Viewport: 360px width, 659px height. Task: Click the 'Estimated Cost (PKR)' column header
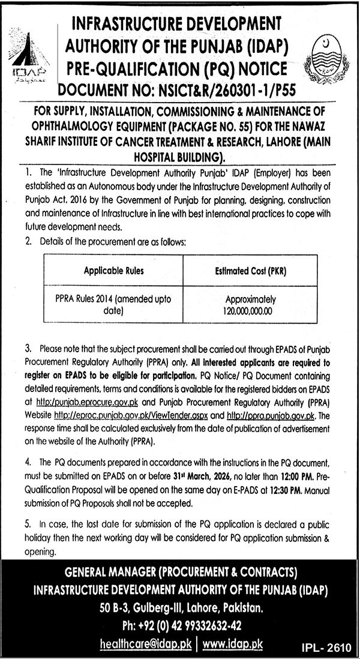[x=250, y=271]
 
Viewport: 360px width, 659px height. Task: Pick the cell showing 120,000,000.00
[x=250, y=311]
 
